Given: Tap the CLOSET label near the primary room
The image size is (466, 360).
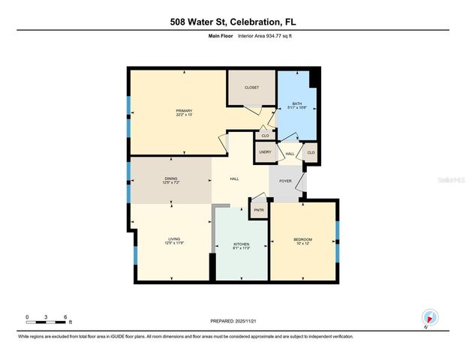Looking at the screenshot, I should (252, 88).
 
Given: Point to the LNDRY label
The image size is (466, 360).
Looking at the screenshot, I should (264, 152).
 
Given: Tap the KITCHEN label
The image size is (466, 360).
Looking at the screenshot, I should (241, 245).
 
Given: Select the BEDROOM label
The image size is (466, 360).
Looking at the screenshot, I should (302, 239).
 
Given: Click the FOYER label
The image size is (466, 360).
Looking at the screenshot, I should (286, 180).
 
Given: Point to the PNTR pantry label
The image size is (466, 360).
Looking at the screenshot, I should (259, 210).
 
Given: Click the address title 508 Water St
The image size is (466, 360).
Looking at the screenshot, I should (233, 22).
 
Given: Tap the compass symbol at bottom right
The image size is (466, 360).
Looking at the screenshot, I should (429, 317).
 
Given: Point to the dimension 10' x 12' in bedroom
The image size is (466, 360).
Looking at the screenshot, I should (302, 244).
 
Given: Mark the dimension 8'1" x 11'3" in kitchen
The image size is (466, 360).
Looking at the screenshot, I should (241, 250).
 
